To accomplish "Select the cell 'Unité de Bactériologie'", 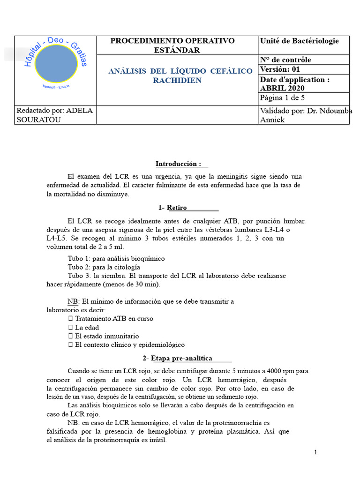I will pos(299,41).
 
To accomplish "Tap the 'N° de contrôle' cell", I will pos(285,60).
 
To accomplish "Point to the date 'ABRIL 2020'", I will pos(282,88).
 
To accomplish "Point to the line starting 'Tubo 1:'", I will pos(116,258).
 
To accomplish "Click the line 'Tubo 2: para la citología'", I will pos(104,267).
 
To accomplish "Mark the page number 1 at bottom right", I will pos(315,452).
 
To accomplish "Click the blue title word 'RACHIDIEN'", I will pos(177,80).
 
